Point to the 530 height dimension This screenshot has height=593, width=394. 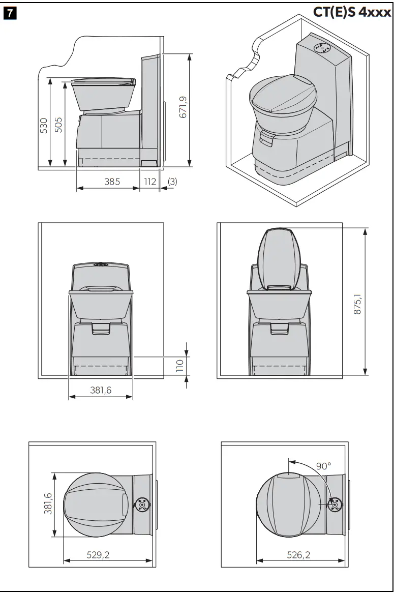pyautogui.click(x=43, y=125)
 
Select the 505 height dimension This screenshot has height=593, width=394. pyautogui.click(x=58, y=125)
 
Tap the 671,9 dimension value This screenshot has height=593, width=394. pyautogui.click(x=183, y=108)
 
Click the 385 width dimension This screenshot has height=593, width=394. pyautogui.click(x=112, y=181)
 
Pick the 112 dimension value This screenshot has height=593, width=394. pyautogui.click(x=149, y=181)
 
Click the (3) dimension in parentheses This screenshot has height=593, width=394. pyautogui.click(x=172, y=181)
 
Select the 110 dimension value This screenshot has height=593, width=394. pyautogui.click(x=179, y=366)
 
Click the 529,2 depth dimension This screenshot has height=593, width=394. pyautogui.click(x=98, y=555)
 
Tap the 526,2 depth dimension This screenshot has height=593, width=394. pyautogui.click(x=298, y=555)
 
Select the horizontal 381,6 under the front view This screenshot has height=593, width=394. pyautogui.click(x=101, y=390)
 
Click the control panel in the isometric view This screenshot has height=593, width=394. pyautogui.click(x=321, y=48)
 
